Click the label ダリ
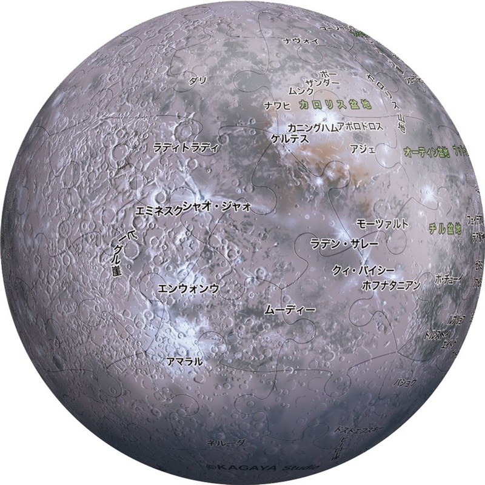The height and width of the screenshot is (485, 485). tap(197, 80)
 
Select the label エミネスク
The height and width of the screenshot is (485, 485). tap(156, 209)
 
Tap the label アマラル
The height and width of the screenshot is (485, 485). tap(184, 361)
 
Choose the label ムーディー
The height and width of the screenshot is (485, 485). tap(290, 310)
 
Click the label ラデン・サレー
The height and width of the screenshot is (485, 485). tap(344, 244)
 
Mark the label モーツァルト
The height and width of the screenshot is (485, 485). tap(383, 223)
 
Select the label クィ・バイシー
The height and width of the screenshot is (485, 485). tap(364, 269)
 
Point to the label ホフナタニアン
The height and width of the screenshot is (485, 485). tap(390, 284)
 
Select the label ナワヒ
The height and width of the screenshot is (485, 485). tap(277, 105)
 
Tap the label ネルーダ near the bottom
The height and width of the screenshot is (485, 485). tap(226, 443)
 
